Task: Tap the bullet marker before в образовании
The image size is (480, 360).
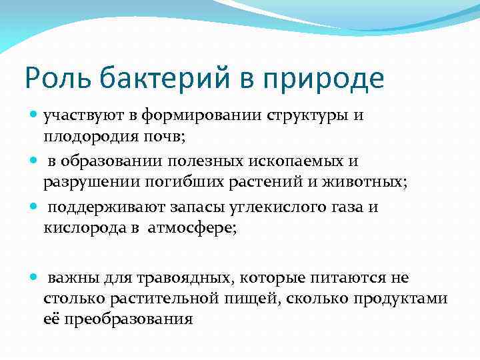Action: tap(33, 161)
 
